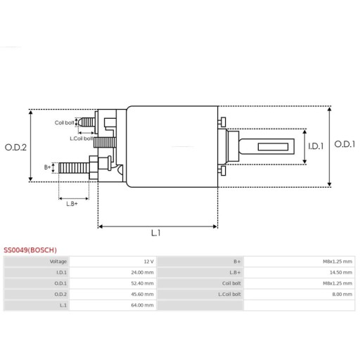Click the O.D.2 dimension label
pos(15,147)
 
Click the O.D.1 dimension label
pos(345,144)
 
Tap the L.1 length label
pos(156,233)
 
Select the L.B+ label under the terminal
pos(72,203)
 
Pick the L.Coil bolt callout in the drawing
pos(82,138)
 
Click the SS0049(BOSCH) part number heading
pos(30,250)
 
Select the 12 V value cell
pos(148,261)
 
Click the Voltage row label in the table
pos(57,261)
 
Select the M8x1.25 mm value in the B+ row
pos(338,261)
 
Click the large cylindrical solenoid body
pos(172,146)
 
